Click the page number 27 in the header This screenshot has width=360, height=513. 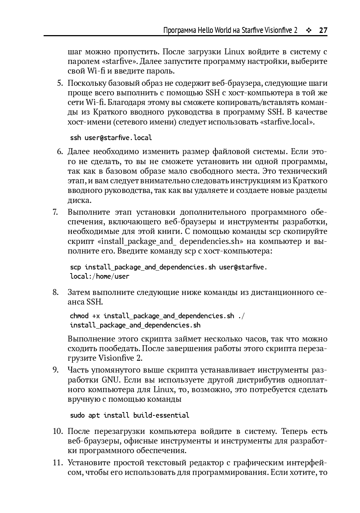tap(323, 30)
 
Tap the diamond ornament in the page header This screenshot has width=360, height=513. tap(309, 30)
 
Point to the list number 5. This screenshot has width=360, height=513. tap(60, 83)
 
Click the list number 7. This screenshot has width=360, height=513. tap(55, 212)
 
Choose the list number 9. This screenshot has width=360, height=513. tap(55, 370)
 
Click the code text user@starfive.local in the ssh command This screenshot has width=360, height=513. tap(118, 138)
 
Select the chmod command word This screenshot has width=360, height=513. tap(79, 316)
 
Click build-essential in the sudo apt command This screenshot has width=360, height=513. tap(161, 415)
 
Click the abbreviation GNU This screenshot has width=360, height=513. tap(110, 380)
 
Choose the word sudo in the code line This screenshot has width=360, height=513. tap(77, 415)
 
